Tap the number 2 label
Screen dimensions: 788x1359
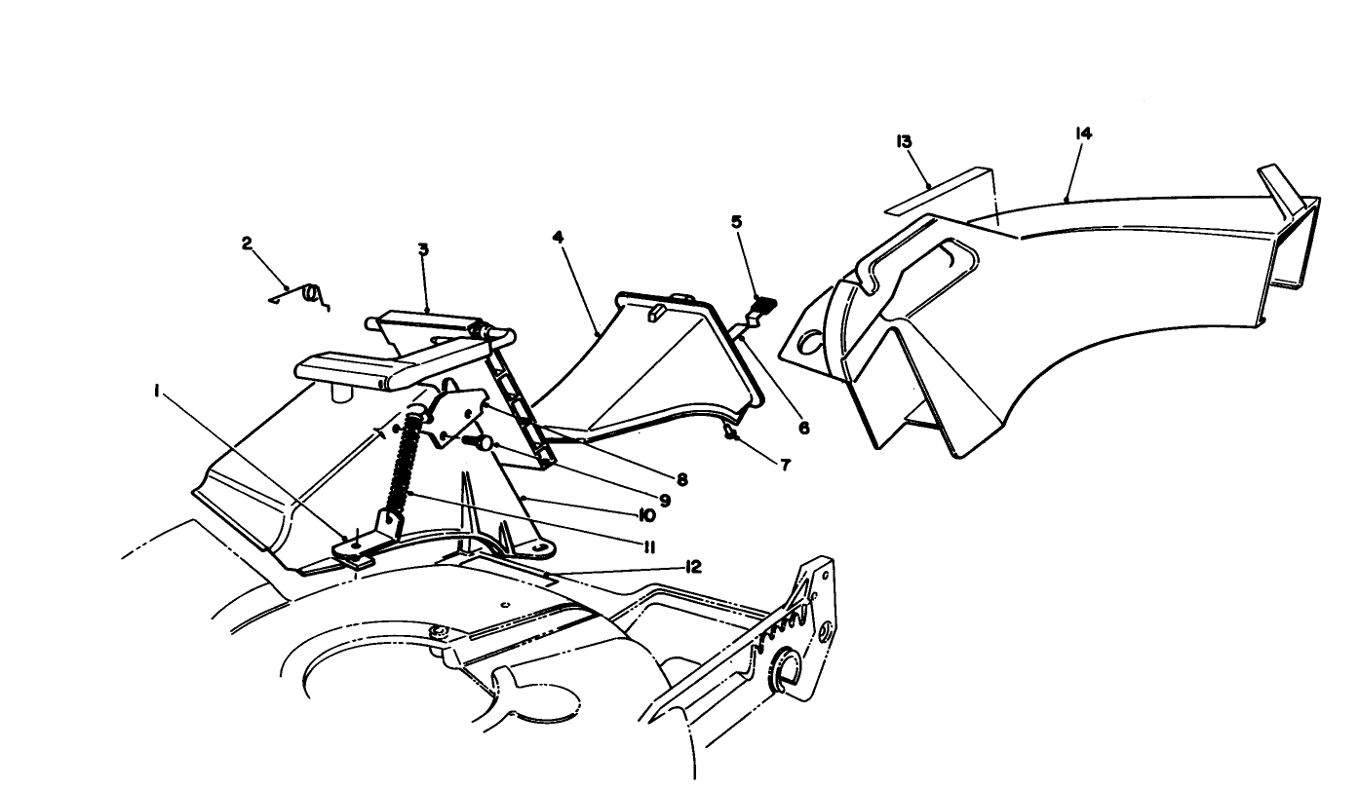(x=248, y=244)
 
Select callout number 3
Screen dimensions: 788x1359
(x=423, y=249)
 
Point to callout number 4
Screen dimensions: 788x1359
(x=558, y=237)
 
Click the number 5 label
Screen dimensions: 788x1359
(x=737, y=222)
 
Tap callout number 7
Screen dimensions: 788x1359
(x=786, y=465)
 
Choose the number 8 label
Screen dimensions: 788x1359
(x=681, y=479)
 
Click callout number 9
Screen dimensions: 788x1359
(x=664, y=501)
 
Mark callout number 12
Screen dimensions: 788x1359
(x=695, y=566)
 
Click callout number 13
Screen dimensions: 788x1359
(x=904, y=141)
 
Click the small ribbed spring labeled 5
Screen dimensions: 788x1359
(x=763, y=305)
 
